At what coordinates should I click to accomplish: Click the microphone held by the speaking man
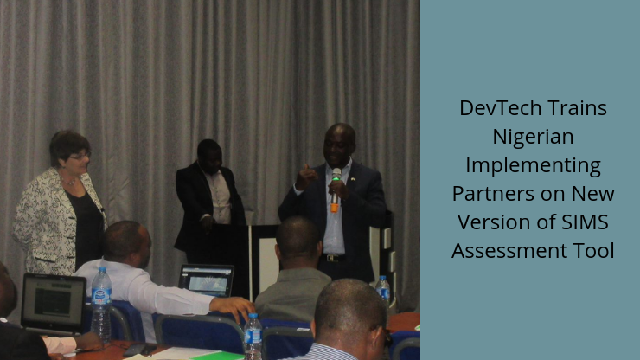click(x=335, y=190)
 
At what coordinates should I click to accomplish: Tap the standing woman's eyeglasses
click(x=80, y=156)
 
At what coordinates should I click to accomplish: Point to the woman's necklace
click(x=68, y=180)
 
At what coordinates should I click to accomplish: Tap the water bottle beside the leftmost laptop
click(x=101, y=304)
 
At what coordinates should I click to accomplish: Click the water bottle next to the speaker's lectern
click(x=382, y=291)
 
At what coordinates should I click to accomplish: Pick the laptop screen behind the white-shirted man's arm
click(x=207, y=280)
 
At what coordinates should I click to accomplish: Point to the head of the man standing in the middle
click(x=209, y=156)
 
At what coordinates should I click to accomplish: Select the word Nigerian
click(x=533, y=137)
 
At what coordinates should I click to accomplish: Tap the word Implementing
click(x=533, y=165)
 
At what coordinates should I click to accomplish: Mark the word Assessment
click(x=509, y=251)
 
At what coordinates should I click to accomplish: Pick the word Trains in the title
click(x=577, y=108)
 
